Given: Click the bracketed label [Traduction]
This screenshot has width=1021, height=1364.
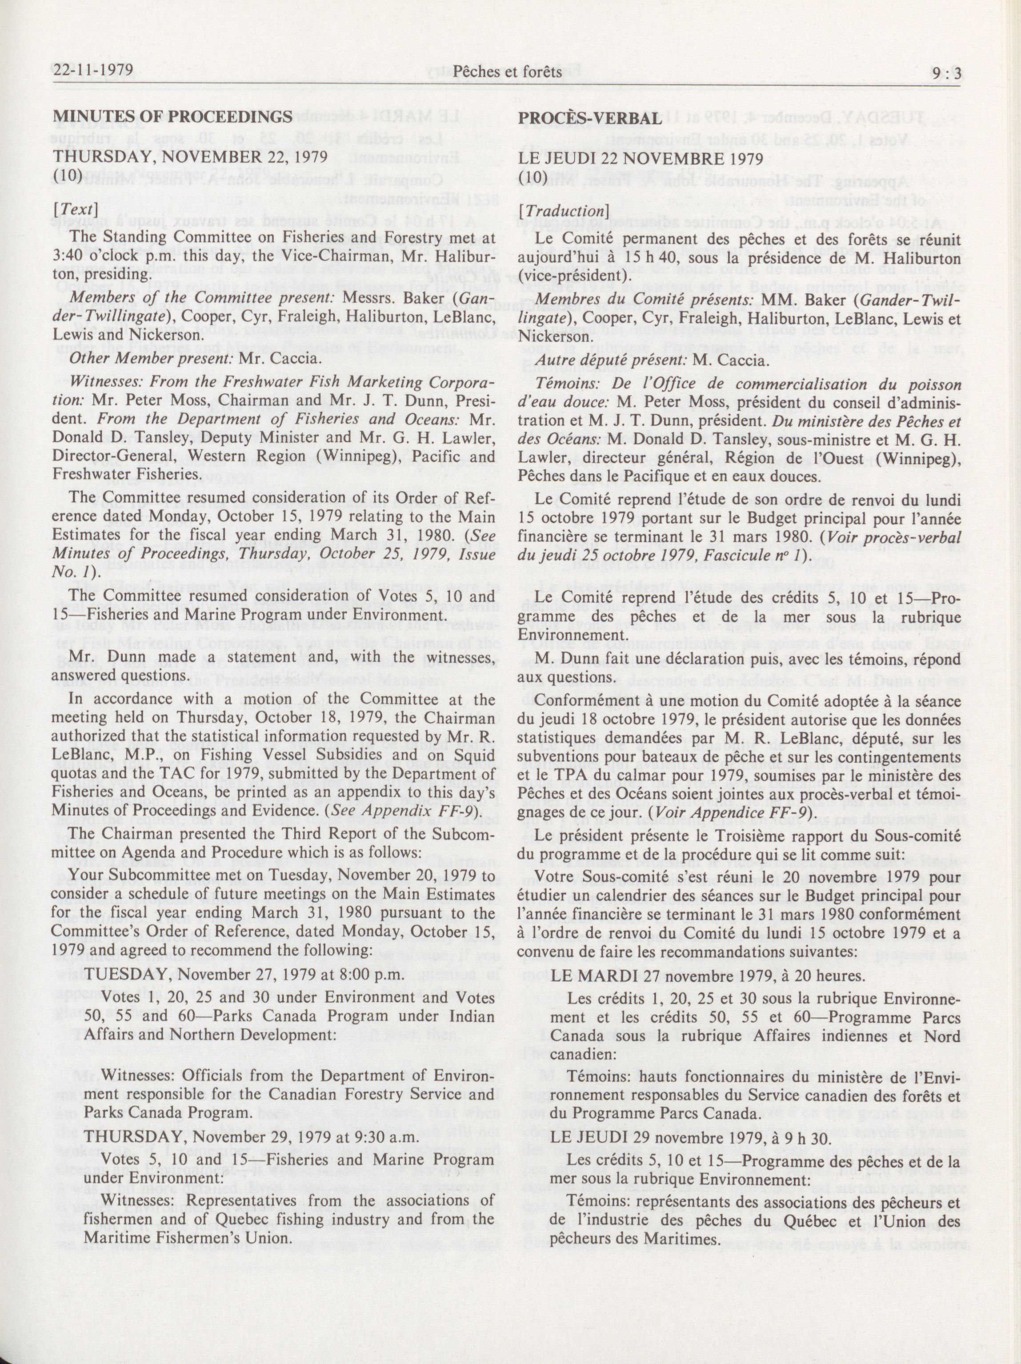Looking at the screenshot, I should pos(564,210).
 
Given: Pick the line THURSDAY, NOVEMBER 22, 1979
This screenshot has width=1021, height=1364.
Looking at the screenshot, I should pos(190,156).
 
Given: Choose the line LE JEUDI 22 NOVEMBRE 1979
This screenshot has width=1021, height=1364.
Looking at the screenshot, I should pos(641,158).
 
